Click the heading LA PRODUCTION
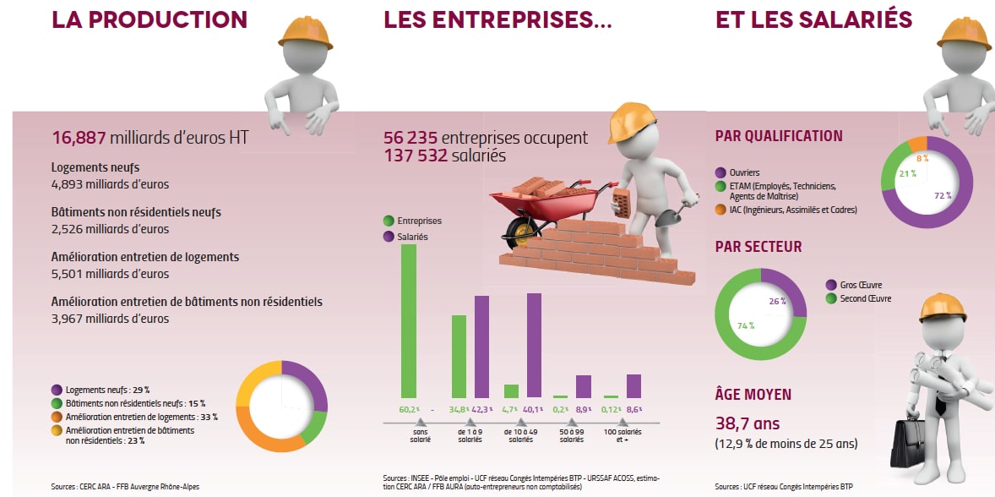click(150, 20)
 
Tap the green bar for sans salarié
click(408, 321)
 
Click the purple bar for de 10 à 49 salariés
click(534, 345)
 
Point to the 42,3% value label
click(482, 408)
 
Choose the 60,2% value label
click(409, 408)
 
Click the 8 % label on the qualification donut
click(922, 158)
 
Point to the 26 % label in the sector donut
click(777, 300)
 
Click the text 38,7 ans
click(747, 423)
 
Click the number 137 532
click(415, 156)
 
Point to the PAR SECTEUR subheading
click(758, 247)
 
